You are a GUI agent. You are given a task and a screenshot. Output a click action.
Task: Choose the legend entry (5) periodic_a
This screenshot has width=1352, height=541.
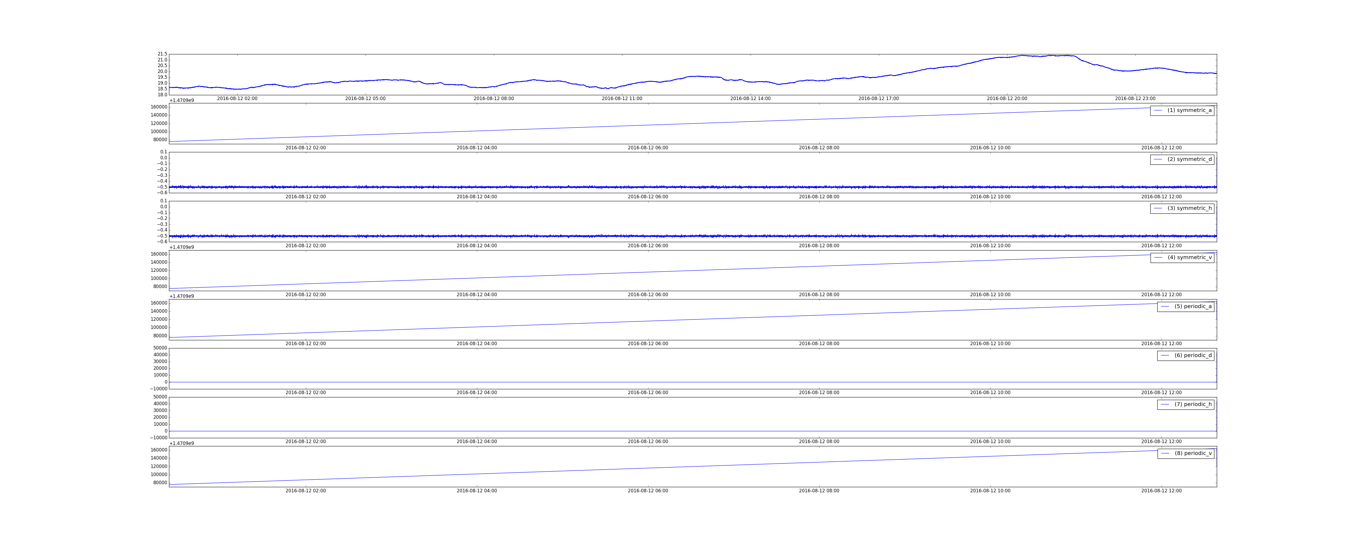click(x=1185, y=306)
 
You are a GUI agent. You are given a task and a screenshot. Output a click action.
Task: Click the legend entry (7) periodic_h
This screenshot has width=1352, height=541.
click(x=1185, y=404)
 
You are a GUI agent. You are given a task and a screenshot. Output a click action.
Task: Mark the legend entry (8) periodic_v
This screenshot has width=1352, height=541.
click(x=1185, y=453)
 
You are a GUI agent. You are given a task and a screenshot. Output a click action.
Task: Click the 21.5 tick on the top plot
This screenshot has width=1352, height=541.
click(x=162, y=54)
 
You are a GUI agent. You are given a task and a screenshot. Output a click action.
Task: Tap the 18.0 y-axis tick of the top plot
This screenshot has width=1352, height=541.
click(x=162, y=95)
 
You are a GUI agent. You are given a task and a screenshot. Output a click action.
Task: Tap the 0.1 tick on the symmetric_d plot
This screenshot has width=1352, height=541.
click(x=164, y=152)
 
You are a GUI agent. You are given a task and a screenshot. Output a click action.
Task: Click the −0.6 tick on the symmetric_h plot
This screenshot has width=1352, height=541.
click(x=162, y=242)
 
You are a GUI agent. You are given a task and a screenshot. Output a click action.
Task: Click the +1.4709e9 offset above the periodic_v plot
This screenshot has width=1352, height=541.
click(x=182, y=443)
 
